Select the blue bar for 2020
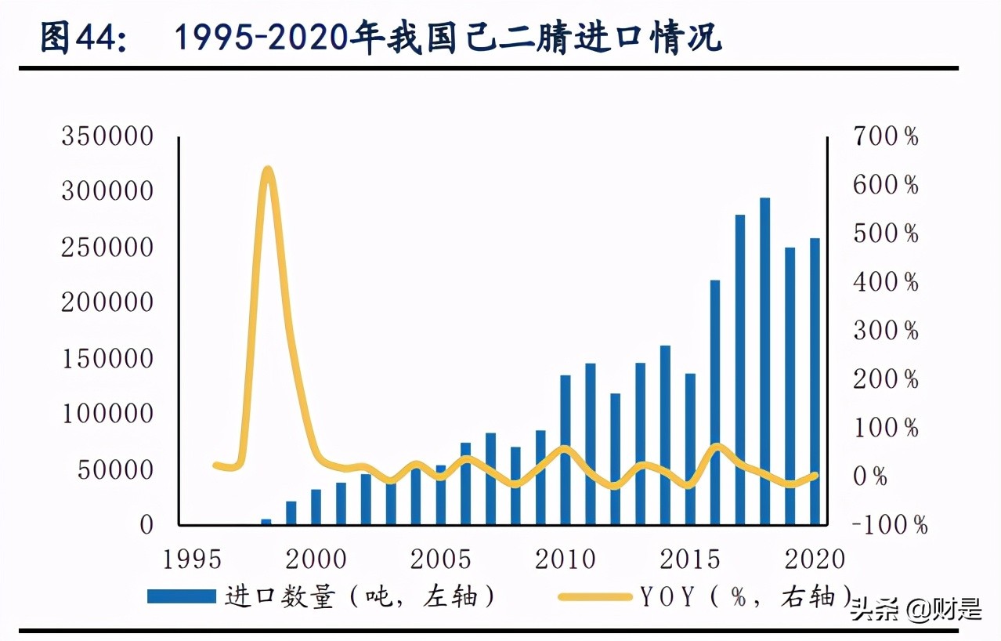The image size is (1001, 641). (815, 381)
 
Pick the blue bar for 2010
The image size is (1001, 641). (566, 449)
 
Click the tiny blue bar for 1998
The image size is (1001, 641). (266, 521)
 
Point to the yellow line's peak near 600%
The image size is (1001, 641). (268, 170)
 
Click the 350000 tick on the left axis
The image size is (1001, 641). (107, 137)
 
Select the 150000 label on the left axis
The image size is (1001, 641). (107, 359)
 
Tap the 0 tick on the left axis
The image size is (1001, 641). (147, 525)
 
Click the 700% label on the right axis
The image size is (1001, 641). (887, 137)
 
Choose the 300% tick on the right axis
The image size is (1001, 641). (887, 331)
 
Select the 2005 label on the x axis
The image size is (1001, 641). (441, 560)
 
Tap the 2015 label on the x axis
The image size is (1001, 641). (690, 560)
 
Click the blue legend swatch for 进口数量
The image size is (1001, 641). (181, 597)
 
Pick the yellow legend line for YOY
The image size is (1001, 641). (595, 597)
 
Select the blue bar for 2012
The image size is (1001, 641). (616, 458)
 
